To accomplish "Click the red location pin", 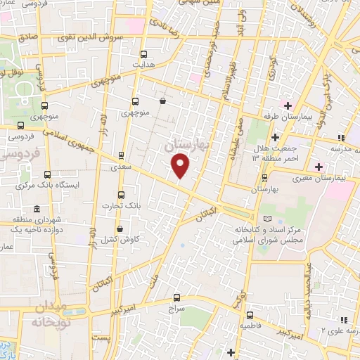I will coord(181,166).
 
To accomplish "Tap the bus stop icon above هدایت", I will coord(144,53).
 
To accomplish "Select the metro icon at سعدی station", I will coord(120,156).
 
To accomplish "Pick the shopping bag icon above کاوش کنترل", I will coord(120,229).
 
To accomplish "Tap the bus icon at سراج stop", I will coord(176,297).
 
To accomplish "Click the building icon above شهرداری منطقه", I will coord(37,208).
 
